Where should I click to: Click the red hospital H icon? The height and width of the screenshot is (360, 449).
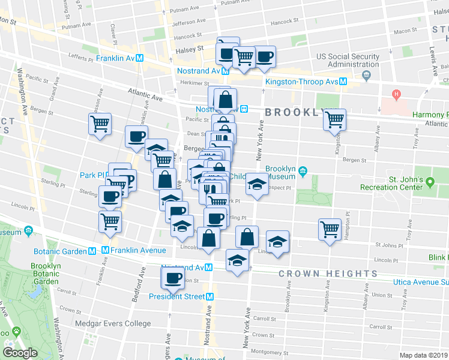click(x=396, y=94)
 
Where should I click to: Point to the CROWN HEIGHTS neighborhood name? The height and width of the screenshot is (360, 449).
click(x=328, y=274)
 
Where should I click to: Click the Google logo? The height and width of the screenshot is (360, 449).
click(x=20, y=353)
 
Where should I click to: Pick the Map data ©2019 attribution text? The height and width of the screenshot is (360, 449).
click(x=424, y=355)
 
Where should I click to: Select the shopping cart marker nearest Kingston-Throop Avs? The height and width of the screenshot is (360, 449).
click(x=335, y=119)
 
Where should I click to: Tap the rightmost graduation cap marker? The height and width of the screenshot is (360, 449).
click(x=277, y=242)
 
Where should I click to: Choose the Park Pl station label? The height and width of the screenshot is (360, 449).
click(x=92, y=175)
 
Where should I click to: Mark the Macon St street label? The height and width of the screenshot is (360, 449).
click(x=405, y=31)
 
